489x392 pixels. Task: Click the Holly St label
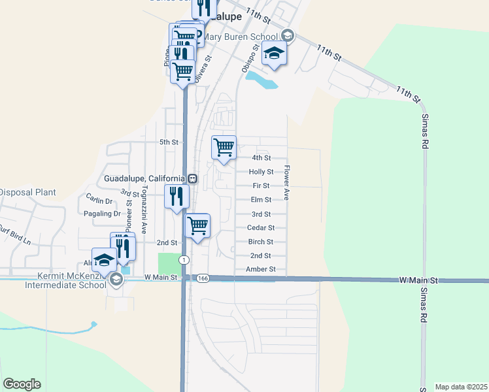[x=261, y=172]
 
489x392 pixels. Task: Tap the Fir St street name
[x=261, y=186]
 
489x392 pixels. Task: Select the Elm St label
[x=261, y=200]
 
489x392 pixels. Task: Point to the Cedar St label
[x=261, y=228]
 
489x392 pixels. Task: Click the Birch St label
[x=261, y=242]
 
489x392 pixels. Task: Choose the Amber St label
[x=261, y=269]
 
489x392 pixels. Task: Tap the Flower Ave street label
[x=286, y=182]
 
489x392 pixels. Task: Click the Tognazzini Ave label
[x=144, y=204]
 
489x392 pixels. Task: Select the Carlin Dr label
[x=99, y=201]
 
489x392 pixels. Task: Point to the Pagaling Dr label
[x=103, y=214]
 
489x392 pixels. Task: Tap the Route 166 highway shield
[x=203, y=278]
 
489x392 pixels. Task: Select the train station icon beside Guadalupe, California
[x=192, y=178]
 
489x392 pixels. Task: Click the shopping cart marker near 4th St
[x=224, y=147]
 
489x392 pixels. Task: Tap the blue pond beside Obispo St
[x=261, y=80]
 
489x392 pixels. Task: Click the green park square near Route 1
[x=168, y=264]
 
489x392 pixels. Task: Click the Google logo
[x=22, y=384]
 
